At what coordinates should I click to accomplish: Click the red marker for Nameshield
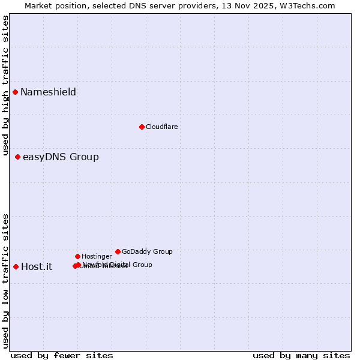(x=15, y=92)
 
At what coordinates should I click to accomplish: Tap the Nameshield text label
(x=48, y=92)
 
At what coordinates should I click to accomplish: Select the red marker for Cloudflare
(x=142, y=127)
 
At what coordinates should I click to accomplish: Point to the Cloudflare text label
(x=161, y=127)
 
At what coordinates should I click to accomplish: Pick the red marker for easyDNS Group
(x=17, y=157)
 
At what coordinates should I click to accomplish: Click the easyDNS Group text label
(x=61, y=157)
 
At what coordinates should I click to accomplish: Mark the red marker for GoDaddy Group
(x=118, y=251)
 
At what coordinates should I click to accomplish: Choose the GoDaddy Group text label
(x=147, y=251)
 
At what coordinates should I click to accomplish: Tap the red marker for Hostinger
(x=77, y=256)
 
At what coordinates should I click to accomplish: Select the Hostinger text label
(x=97, y=256)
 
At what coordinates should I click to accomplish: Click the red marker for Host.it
(x=16, y=266)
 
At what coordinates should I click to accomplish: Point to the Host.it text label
(x=37, y=267)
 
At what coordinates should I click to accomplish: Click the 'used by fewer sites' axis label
(x=62, y=355)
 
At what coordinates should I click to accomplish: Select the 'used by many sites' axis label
(x=301, y=355)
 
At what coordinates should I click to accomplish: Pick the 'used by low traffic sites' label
(x=5, y=281)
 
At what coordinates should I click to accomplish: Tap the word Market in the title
(x=38, y=5)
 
